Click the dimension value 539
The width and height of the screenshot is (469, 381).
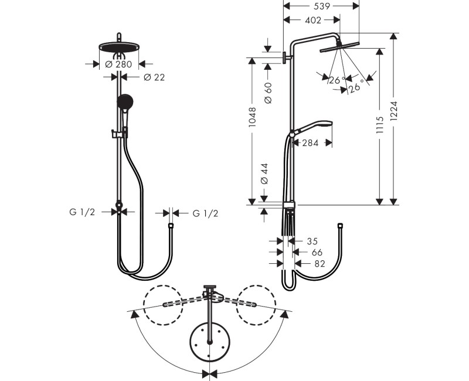click(322, 6)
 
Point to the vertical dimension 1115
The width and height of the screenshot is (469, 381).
click(380, 127)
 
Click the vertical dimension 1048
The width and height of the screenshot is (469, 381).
click(253, 117)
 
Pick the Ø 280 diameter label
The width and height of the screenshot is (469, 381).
click(119, 64)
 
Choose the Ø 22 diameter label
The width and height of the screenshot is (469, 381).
click(153, 77)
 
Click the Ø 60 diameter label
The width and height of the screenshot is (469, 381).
click(268, 93)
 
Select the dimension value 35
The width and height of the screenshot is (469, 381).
click(311, 241)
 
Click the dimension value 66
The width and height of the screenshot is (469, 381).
click(317, 252)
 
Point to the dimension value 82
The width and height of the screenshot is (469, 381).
click(318, 264)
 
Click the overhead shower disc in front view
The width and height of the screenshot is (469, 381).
click(119, 46)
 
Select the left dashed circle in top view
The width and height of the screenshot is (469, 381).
click(164, 305)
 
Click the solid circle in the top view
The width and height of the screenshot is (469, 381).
click(209, 342)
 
